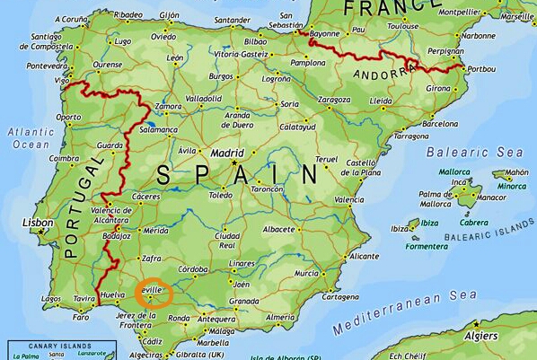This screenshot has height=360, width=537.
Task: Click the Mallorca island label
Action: [454, 170]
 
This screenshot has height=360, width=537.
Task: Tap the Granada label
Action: [244, 301]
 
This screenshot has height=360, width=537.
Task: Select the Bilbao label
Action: [256, 41]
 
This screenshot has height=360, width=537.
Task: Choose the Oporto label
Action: [68, 117]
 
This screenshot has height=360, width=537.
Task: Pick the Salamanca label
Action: [158, 129]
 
